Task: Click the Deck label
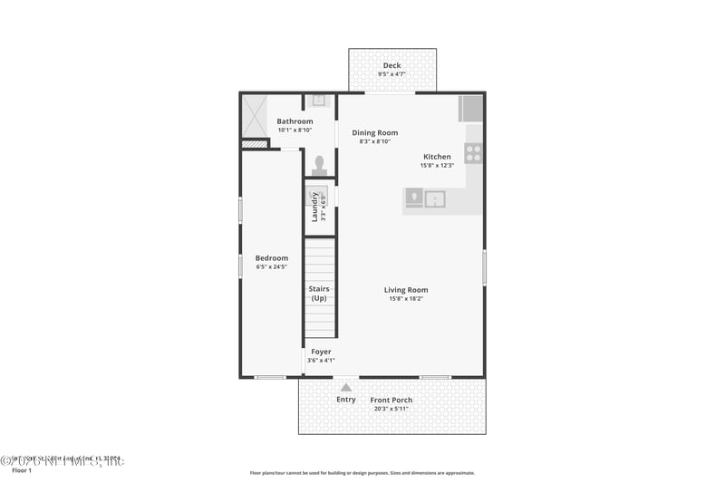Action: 391,65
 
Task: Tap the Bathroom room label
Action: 295,121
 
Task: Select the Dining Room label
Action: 374,133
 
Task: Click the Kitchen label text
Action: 437,157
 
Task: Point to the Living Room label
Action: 405,290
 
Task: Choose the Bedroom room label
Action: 270,257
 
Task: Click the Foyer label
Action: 321,352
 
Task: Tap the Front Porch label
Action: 391,401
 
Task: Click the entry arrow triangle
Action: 345,388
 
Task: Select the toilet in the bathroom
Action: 319,164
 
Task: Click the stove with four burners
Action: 473,153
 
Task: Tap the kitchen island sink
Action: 436,198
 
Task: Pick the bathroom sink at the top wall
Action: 319,100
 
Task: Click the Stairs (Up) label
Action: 319,294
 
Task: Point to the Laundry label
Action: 315,207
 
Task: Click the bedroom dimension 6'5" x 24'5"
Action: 270,266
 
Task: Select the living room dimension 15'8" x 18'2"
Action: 405,299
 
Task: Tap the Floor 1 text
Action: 21,471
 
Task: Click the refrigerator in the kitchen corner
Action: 471,109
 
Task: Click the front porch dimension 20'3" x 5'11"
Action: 391,410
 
